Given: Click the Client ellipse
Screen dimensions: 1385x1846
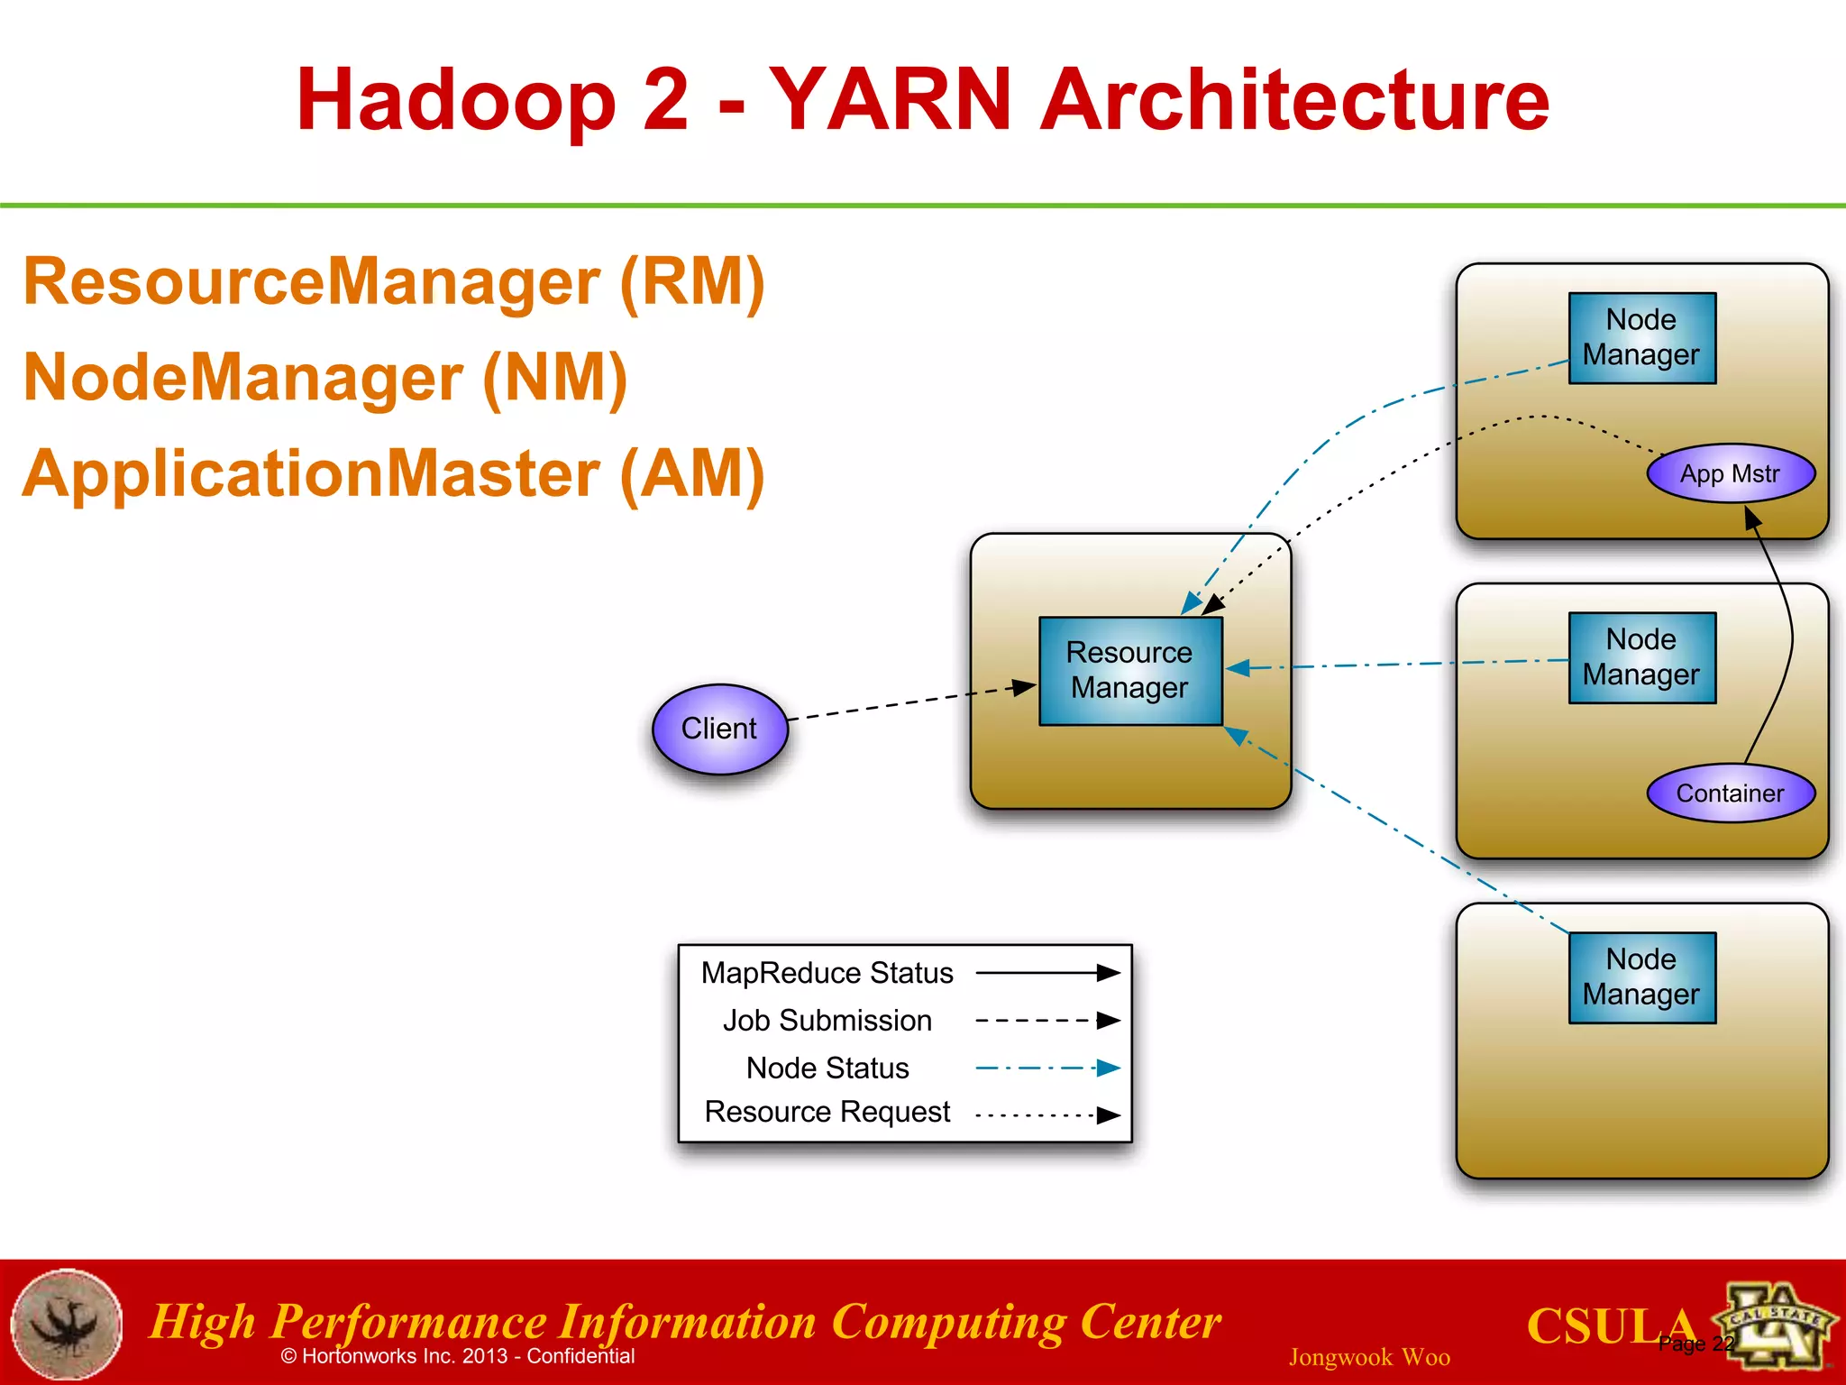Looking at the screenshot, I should click(x=719, y=729).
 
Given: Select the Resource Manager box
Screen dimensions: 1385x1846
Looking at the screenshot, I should click(x=1129, y=671).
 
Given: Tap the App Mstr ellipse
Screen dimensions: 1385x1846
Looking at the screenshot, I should click(x=1730, y=473).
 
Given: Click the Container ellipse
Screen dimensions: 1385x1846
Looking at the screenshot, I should click(x=1730, y=793).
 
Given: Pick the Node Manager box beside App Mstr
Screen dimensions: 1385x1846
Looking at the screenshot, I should click(x=1641, y=338).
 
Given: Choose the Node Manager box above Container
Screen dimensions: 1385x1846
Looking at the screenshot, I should click(x=1641, y=657).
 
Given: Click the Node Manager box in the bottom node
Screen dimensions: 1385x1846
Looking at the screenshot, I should click(x=1641, y=977).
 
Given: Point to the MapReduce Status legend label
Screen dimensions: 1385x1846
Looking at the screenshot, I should click(x=827, y=973).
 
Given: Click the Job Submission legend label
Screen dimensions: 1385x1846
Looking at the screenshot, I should click(x=827, y=1021).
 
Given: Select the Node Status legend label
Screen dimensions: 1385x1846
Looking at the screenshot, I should click(x=827, y=1068).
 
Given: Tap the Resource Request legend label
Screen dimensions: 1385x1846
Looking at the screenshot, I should click(x=827, y=1112).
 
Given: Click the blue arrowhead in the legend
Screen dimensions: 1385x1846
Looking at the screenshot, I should click(x=1108, y=1069).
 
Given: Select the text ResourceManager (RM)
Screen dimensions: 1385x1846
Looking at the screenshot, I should click(x=394, y=282).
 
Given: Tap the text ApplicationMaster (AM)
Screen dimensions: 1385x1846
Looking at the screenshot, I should click(x=394, y=474).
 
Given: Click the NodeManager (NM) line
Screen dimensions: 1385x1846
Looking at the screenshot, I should click(x=325, y=378).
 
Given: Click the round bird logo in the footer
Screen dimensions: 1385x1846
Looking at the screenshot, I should click(x=66, y=1324).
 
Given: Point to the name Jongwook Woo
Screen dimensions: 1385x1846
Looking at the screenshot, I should click(x=1368, y=1357).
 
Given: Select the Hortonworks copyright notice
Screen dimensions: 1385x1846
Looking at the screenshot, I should click(x=458, y=1356).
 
